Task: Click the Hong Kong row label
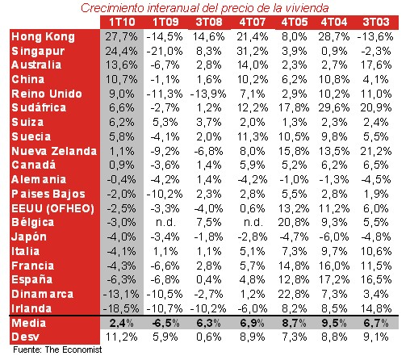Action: pos(44,37)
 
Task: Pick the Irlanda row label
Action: pos(33,308)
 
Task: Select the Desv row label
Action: pos(26,337)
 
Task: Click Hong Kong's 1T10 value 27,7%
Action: pos(122,37)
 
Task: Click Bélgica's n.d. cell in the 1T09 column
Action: pos(166,222)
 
